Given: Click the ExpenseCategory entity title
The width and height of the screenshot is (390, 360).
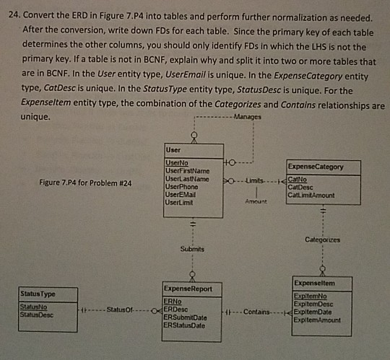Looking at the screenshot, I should coord(314,166).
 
